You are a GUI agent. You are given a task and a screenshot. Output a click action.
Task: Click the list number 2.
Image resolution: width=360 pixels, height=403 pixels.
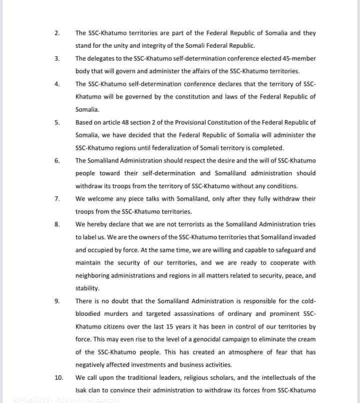[57, 33]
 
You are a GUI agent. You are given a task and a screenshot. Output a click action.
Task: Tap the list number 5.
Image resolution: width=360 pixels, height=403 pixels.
[57, 122]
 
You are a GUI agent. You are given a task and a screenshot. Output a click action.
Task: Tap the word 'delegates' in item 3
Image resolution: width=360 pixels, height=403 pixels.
[102, 58]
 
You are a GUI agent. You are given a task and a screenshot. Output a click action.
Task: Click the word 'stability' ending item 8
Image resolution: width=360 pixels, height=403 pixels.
[87, 288]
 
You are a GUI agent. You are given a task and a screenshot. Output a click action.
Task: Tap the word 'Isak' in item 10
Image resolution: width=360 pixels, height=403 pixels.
[81, 390]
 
